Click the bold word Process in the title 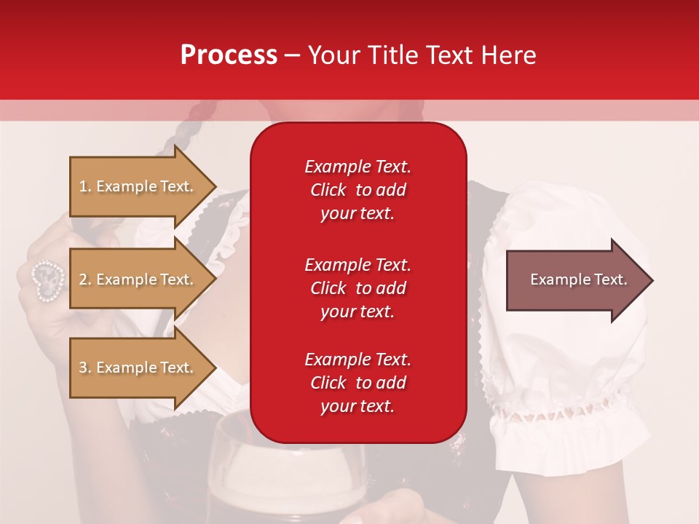229,55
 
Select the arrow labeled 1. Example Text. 138,186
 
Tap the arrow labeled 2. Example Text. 138,279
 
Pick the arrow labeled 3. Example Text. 138,368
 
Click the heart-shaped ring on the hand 47,279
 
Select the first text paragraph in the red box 358,190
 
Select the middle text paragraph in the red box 358,288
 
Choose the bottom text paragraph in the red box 358,383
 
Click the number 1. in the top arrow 85,186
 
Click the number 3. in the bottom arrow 85,368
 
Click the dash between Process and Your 292,56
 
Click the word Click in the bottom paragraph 328,383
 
